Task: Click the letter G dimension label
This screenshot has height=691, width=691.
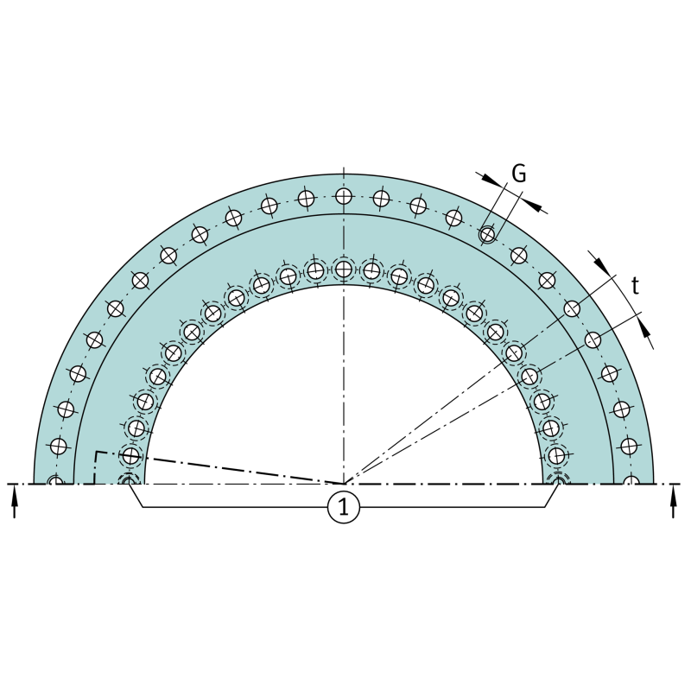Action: click(519, 174)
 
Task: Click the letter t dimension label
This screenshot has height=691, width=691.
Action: click(635, 286)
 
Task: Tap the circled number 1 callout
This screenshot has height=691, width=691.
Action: click(344, 507)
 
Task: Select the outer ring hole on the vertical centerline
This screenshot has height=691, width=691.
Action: click(344, 196)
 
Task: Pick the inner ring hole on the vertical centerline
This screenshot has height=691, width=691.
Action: click(344, 269)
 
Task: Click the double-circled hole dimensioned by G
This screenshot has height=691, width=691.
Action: click(487, 234)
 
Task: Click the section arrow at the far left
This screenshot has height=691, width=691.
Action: click(15, 501)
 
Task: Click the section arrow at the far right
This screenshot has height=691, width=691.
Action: click(673, 501)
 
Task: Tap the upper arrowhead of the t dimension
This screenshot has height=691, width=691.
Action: click(601, 263)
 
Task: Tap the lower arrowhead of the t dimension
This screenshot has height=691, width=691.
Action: click(644, 329)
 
